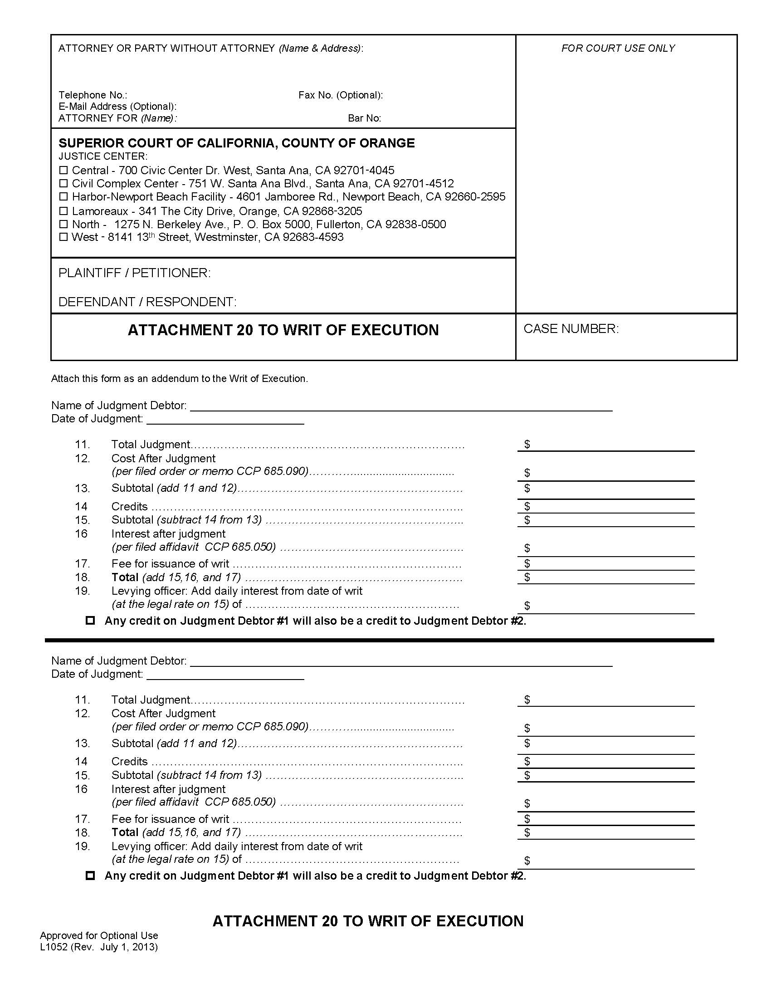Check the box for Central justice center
click(x=63, y=171)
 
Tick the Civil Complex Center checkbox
click(x=63, y=184)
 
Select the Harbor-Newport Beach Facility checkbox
click(x=63, y=197)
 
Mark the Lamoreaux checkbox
click(x=63, y=211)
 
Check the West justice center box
click(x=63, y=237)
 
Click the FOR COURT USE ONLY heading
click(x=618, y=49)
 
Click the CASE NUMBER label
click(x=571, y=328)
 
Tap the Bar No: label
click(x=364, y=118)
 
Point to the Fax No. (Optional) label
click(x=340, y=95)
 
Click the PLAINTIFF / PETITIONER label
click(x=134, y=273)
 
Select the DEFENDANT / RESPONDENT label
click(x=147, y=302)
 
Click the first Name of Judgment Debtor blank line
click(x=400, y=406)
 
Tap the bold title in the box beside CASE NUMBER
click(x=283, y=330)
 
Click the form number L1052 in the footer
click(x=54, y=947)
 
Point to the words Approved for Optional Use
click(x=99, y=935)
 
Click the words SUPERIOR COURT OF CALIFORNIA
click(x=167, y=143)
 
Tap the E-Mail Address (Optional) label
click(x=117, y=107)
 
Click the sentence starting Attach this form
click(x=179, y=378)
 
